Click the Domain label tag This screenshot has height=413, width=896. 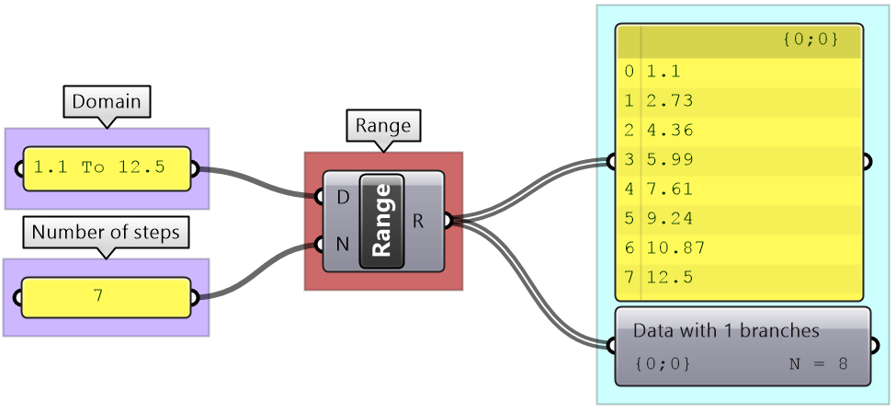point(107,101)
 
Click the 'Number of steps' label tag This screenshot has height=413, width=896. point(106,233)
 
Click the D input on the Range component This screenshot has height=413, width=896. point(342,197)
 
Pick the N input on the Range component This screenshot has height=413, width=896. point(342,244)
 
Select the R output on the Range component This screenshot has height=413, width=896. point(419,220)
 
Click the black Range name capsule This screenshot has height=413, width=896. point(381,221)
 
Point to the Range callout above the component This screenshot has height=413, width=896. point(383,125)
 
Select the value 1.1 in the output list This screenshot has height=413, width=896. point(663,71)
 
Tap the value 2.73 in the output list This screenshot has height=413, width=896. point(669,100)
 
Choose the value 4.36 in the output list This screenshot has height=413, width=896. point(669,130)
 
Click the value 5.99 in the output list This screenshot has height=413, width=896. point(669,160)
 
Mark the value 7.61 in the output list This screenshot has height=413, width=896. point(669,189)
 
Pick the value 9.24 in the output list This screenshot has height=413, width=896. point(669,219)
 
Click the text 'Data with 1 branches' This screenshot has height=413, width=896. point(726,330)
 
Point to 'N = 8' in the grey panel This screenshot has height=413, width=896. point(818,363)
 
